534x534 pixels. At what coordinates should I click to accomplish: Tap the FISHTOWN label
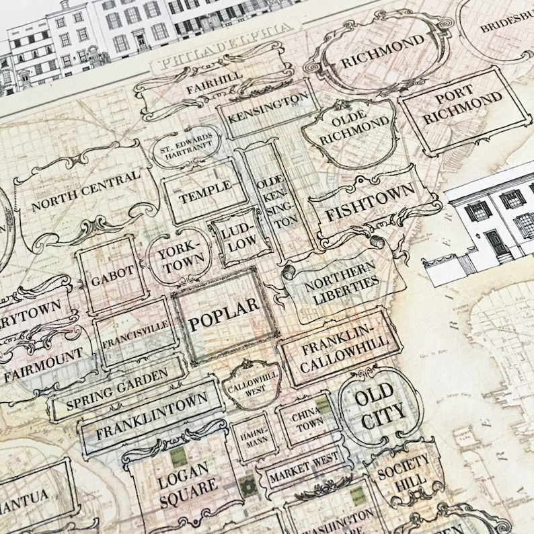pyautogui.click(x=371, y=204)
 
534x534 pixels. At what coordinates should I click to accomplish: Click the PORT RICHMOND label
pyautogui.click(x=464, y=106)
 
